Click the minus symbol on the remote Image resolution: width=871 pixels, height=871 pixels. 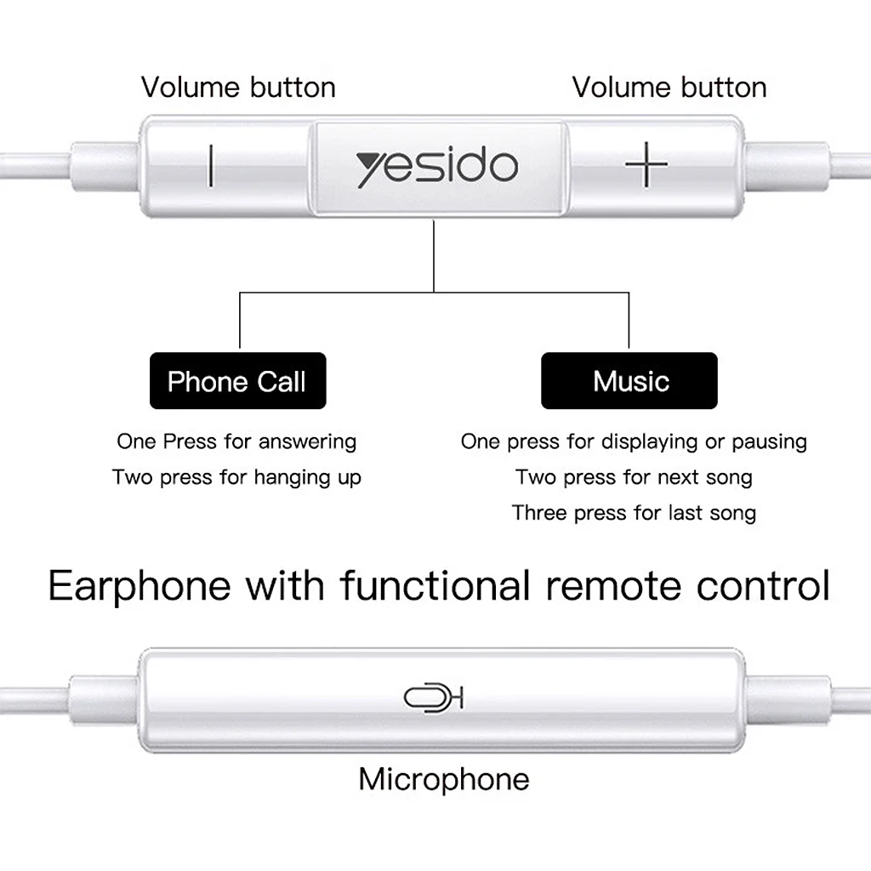211,166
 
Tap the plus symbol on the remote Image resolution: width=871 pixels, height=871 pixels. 646,164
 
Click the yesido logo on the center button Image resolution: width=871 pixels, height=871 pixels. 437,167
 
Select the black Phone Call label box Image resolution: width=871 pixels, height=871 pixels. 238,380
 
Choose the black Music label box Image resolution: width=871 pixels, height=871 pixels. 629,380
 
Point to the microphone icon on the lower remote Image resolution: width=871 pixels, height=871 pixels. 433,697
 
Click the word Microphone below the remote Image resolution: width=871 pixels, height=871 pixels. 444,779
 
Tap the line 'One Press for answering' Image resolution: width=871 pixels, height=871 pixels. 236,441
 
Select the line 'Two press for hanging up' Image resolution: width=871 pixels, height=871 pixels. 236,477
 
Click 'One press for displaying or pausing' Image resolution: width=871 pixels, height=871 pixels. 634,441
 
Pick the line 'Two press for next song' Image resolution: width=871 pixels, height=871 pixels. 634,477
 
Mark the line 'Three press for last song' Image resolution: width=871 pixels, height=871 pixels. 634,513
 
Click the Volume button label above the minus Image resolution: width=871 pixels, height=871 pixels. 238,88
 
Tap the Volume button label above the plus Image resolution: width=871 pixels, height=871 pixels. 669,88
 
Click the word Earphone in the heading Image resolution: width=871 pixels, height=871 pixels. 139,587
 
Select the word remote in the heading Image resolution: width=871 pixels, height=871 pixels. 613,587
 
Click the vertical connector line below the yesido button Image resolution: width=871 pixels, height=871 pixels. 433,256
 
